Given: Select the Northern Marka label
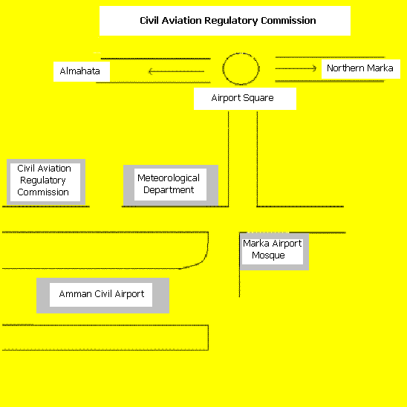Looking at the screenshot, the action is [359, 68].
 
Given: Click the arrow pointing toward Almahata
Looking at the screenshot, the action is [176, 71].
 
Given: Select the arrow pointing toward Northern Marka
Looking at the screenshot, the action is [296, 68].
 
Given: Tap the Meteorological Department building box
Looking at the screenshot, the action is [171, 186].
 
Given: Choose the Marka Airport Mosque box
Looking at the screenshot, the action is [274, 252].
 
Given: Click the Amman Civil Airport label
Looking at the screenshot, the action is [102, 294].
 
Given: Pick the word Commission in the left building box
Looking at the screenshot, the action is [43, 192].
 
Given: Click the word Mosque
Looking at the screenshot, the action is [268, 255].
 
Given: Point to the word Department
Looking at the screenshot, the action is [169, 190].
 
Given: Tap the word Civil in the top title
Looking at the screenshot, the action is [149, 21].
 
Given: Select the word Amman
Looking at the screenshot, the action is [76, 294].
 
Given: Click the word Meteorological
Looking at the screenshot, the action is [169, 178].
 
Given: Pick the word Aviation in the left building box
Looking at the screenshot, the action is [54, 169].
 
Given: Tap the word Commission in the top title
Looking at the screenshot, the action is [288, 21].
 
